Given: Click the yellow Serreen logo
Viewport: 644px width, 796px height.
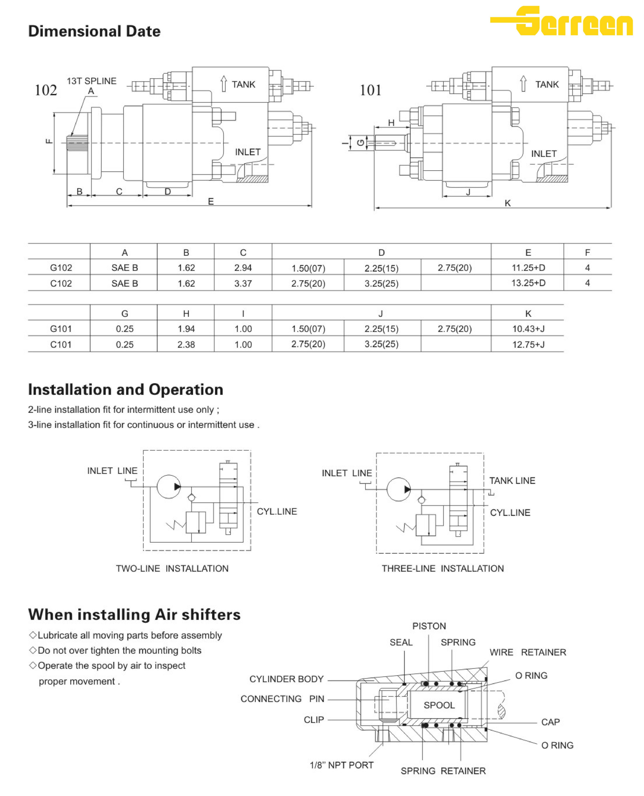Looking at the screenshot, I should tap(562, 21).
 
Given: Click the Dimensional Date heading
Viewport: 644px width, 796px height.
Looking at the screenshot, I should tap(94, 31).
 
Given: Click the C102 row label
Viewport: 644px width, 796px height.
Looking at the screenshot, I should tap(61, 283).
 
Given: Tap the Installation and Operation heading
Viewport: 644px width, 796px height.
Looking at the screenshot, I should tap(125, 390).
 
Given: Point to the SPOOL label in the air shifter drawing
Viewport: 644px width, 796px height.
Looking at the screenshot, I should tap(439, 705).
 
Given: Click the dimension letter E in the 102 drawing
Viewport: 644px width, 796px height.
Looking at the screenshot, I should tap(211, 201).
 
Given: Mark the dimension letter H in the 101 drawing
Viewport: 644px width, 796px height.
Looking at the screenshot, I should tap(391, 123).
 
